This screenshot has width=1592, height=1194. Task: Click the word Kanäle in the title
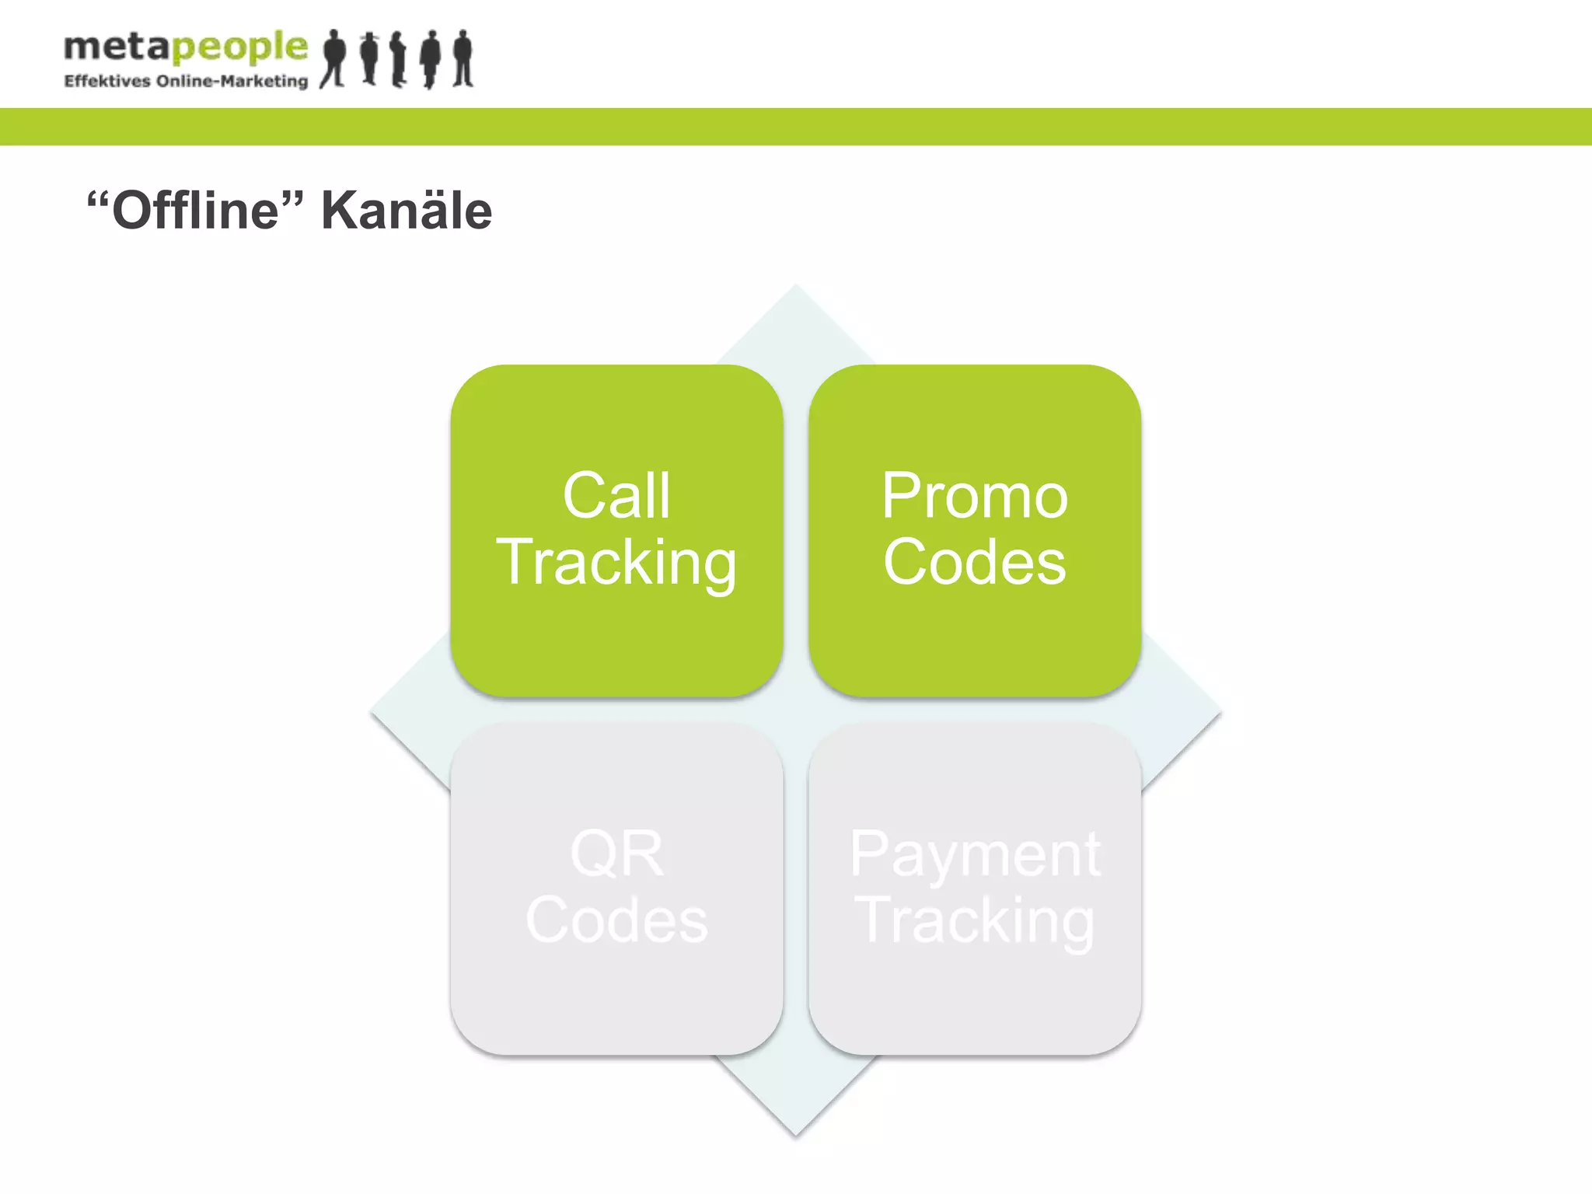coord(407,211)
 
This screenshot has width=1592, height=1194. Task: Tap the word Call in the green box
coord(616,496)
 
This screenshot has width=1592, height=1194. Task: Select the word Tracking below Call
coord(616,563)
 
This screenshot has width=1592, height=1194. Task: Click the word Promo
coord(975,496)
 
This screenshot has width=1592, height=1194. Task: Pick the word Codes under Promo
coord(975,562)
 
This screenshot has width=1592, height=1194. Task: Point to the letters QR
coord(616,854)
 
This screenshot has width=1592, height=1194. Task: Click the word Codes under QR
coord(616,920)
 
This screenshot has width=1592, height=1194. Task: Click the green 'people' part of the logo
coord(239,48)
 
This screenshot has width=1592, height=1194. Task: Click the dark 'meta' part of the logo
coord(117,47)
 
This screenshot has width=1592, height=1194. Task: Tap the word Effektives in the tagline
coord(107,82)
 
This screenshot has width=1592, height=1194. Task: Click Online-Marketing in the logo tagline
coord(232,82)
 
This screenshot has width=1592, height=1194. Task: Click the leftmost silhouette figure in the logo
coord(334,59)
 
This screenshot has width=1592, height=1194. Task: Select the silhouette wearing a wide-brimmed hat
coord(370,59)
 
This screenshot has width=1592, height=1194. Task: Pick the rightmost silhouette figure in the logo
coord(463,59)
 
